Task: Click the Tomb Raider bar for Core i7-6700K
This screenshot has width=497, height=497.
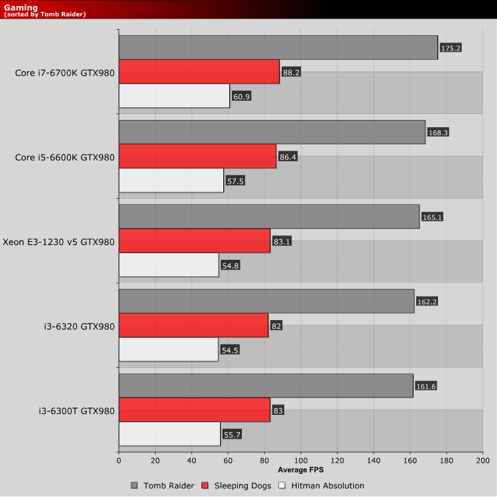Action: point(278,47)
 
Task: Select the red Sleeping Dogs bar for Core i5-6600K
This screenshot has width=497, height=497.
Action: point(197,156)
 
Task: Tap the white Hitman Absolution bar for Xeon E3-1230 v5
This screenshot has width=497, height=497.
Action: point(169,264)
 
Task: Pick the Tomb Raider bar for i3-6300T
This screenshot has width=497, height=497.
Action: point(266,385)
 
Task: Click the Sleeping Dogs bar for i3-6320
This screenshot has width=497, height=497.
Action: point(193,325)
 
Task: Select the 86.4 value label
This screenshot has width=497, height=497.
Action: point(290,157)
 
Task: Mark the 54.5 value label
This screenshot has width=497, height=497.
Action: point(230,349)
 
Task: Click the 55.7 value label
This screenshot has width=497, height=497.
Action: point(232,434)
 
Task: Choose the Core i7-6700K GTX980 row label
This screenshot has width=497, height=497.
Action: point(64,72)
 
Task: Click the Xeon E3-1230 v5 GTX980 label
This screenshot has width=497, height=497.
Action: point(58,242)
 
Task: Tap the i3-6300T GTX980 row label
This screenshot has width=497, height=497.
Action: point(76,411)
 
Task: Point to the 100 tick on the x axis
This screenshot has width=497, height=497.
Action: point(301,461)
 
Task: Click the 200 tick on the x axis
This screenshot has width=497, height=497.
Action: point(482,461)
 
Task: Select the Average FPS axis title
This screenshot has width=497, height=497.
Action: point(301,470)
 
